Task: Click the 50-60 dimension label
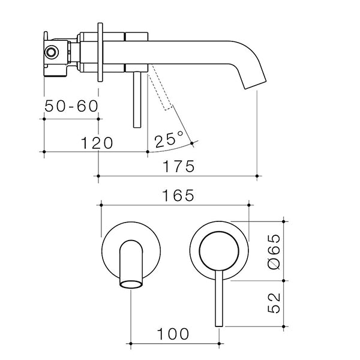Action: pos(71,106)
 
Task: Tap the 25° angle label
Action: pos(169,140)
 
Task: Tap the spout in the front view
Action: pos(130,265)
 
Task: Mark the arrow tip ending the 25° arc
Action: pos(192,143)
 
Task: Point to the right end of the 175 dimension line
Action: pos(257,176)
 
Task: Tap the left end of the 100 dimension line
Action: pos(131,344)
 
